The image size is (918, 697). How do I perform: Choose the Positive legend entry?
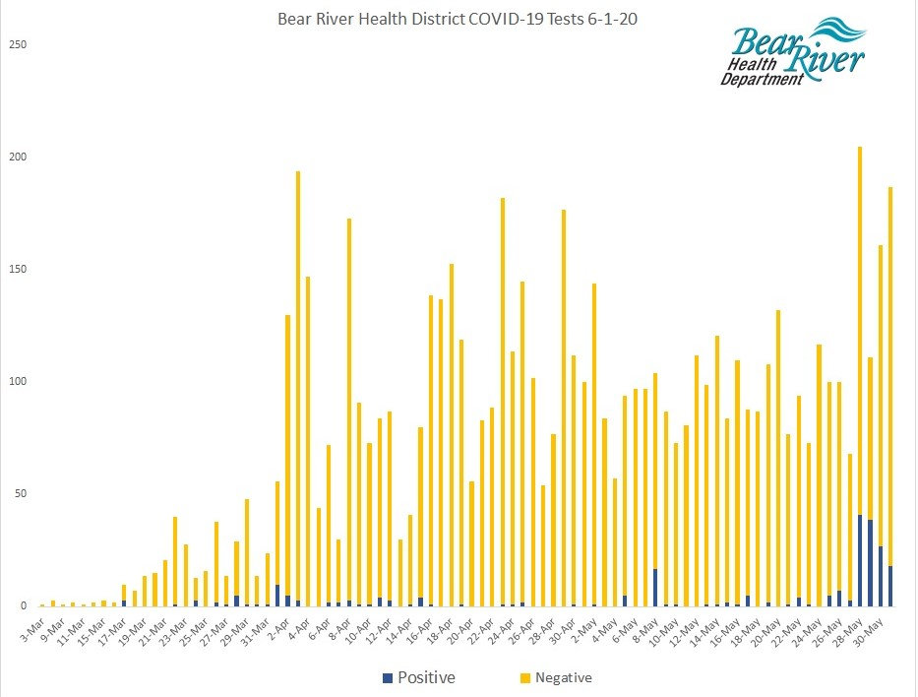[x=417, y=677]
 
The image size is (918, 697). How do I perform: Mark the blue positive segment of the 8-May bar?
[x=655, y=587]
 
